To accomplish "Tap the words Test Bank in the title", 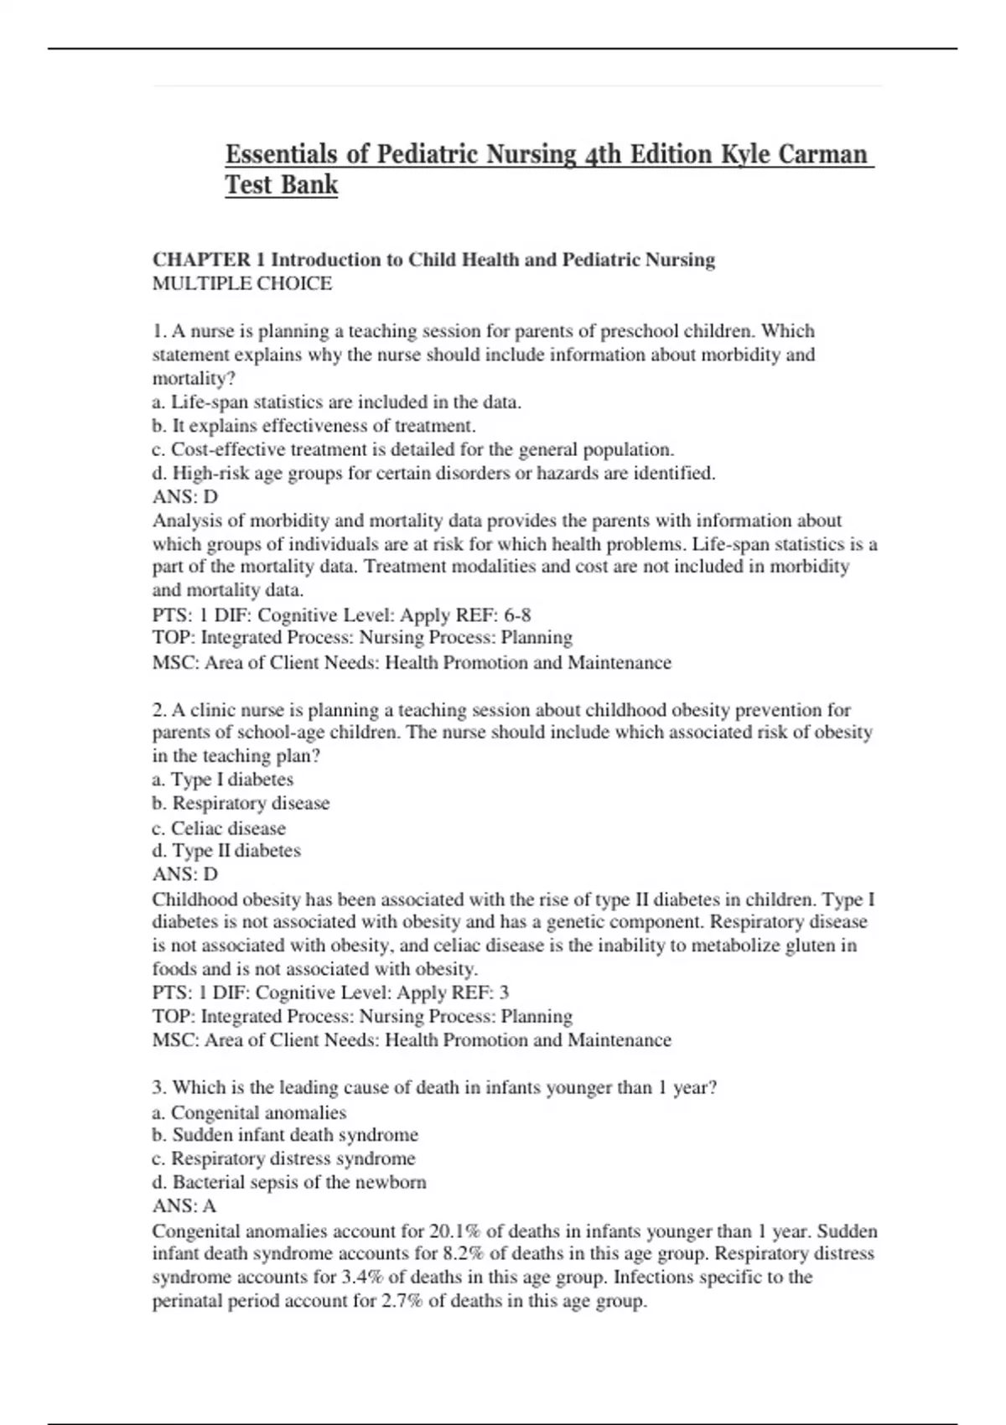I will (x=281, y=184).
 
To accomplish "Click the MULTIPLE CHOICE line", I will (x=242, y=283).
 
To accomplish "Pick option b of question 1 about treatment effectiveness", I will (x=314, y=426).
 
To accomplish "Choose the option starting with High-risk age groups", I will (x=434, y=474).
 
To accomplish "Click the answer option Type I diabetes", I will (x=223, y=780).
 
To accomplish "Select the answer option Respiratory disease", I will (x=241, y=803).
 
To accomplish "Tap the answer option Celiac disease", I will (x=220, y=828).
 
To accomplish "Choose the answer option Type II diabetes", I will (x=226, y=851).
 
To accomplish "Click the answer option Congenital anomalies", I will (x=250, y=1112).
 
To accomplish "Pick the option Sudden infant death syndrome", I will (x=286, y=1135).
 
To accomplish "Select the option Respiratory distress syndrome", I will (x=284, y=1158).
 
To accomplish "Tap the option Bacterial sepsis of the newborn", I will (x=290, y=1182).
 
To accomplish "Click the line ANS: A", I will (x=184, y=1205).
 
